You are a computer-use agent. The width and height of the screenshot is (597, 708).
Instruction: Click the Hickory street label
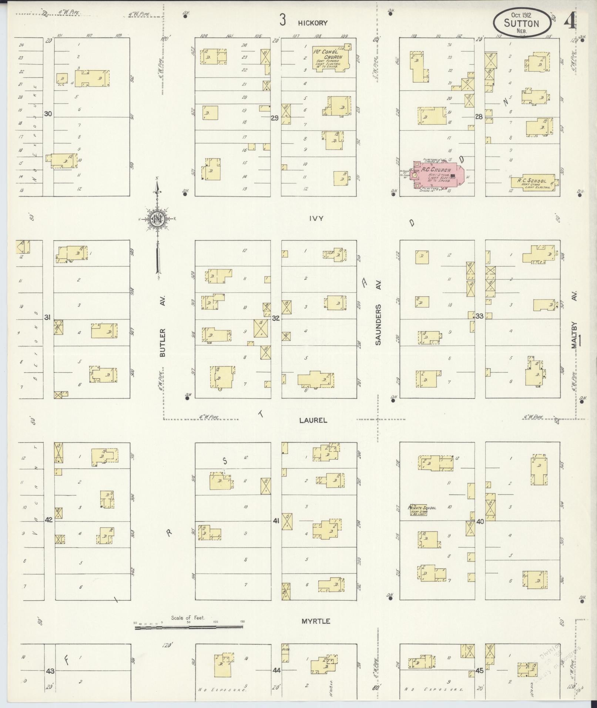[313, 23]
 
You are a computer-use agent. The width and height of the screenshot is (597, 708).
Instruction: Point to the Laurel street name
[313, 420]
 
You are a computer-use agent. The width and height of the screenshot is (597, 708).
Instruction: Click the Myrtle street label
[315, 621]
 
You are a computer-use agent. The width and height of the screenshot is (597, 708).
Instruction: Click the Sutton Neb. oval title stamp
[522, 23]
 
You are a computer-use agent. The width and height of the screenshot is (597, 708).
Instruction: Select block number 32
[276, 318]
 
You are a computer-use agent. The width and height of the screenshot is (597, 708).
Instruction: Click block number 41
[276, 521]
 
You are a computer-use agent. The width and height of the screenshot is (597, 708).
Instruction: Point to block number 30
[48, 114]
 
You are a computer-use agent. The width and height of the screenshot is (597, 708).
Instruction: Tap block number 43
[50, 671]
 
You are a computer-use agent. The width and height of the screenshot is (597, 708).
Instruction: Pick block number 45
[480, 670]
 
